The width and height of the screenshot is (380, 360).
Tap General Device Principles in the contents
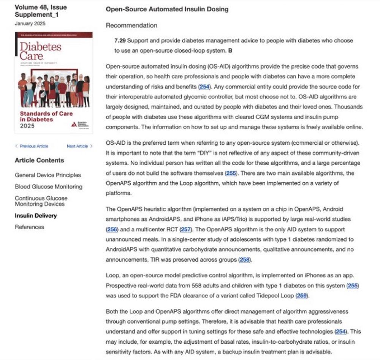[48, 175]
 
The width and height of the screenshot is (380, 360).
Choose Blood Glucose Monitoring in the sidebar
[48, 187]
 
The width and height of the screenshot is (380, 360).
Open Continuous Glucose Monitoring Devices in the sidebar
[41, 201]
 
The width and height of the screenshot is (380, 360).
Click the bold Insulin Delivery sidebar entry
[36, 216]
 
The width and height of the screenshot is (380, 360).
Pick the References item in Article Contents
[29, 227]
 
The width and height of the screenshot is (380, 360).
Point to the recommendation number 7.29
[120, 41]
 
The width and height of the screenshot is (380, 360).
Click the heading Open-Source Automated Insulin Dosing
[167, 9]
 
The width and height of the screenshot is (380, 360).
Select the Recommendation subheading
[131, 25]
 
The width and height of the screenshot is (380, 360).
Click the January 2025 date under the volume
[30, 24]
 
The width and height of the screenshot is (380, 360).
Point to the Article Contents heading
[39, 160]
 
